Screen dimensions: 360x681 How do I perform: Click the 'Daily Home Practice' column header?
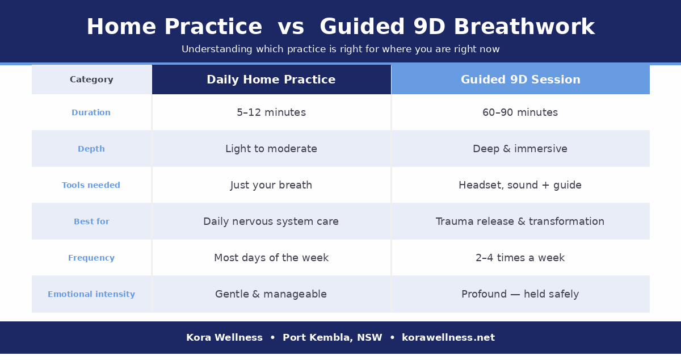tap(271, 80)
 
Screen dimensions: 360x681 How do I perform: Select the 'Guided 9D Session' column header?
tap(520, 80)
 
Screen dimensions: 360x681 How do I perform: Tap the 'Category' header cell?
tap(91, 80)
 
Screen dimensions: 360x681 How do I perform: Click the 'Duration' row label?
tap(91, 113)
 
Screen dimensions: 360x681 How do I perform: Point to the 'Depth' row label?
tap(91, 149)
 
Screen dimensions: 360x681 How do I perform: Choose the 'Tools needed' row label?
tap(91, 186)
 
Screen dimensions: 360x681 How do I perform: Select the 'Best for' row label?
tap(91, 222)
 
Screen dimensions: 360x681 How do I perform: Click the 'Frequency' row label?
tap(91, 258)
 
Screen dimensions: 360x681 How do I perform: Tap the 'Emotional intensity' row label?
tap(91, 295)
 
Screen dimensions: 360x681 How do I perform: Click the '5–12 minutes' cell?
tap(271, 113)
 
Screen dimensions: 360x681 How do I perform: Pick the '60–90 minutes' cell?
tap(520, 113)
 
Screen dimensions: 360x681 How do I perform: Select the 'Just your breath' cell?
tap(271, 186)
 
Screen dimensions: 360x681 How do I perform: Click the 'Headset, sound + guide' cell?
tap(520, 186)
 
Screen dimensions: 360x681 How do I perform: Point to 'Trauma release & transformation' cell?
tap(520, 222)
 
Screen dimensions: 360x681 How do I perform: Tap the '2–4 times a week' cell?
tap(520, 258)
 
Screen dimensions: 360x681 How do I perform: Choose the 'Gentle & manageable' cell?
tap(271, 295)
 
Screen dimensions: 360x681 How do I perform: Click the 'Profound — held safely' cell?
tap(520, 295)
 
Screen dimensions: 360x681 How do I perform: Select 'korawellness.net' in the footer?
tap(448, 338)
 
